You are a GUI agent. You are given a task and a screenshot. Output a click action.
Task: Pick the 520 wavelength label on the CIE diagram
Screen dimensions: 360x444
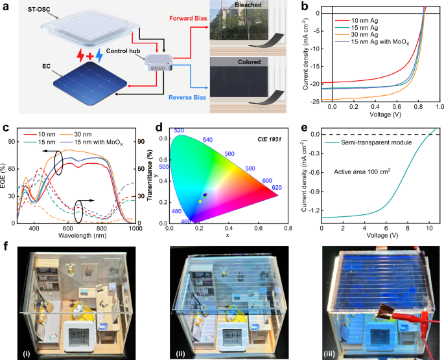click(180, 131)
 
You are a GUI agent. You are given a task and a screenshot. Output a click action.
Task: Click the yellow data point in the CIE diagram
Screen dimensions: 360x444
click(200, 201)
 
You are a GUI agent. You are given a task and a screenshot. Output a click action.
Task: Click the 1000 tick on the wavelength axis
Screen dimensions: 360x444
click(135, 229)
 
